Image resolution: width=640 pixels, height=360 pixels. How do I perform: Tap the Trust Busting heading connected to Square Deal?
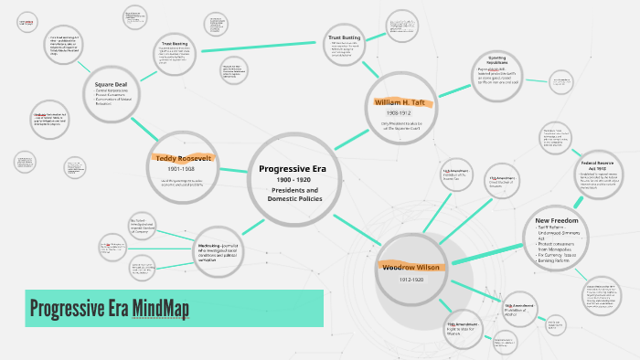point(174,44)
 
